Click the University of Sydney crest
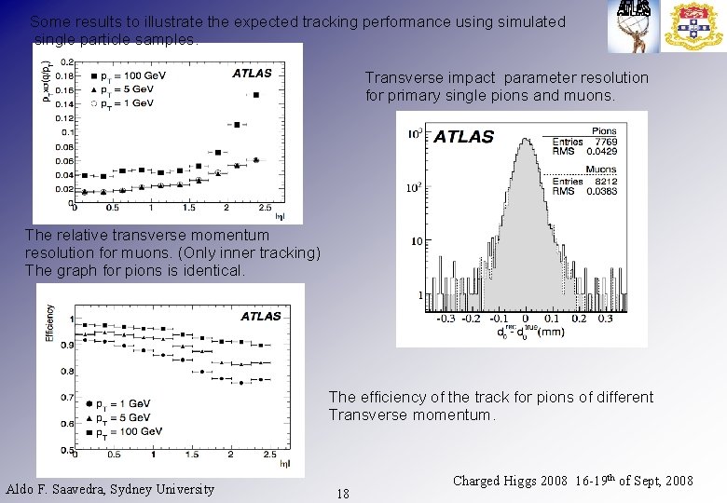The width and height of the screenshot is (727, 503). click(693, 26)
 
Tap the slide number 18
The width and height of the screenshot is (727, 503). click(343, 494)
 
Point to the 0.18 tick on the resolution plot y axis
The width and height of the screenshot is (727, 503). click(65, 75)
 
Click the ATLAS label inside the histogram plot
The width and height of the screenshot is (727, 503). click(463, 137)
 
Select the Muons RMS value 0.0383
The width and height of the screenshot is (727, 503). click(601, 191)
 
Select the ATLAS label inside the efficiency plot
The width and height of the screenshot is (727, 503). click(260, 316)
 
